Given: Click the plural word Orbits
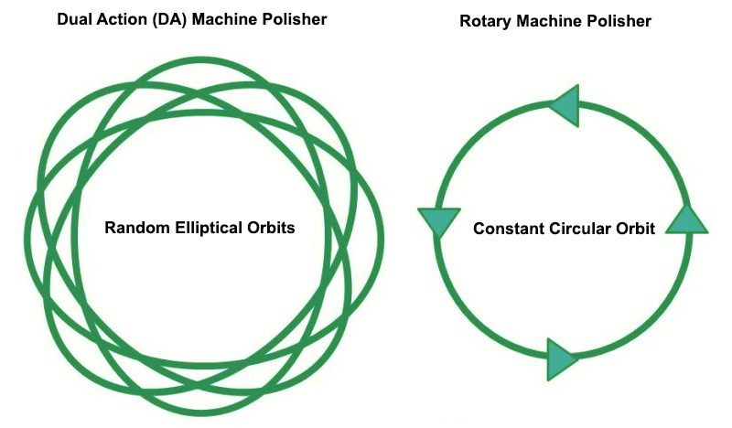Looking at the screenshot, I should tap(273, 228).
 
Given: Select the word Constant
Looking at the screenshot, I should tap(507, 229).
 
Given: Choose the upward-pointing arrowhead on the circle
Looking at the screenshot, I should tap(685, 220).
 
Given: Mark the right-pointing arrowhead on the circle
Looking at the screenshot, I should tap(562, 359).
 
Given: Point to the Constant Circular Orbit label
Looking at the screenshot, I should tap(564, 229).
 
